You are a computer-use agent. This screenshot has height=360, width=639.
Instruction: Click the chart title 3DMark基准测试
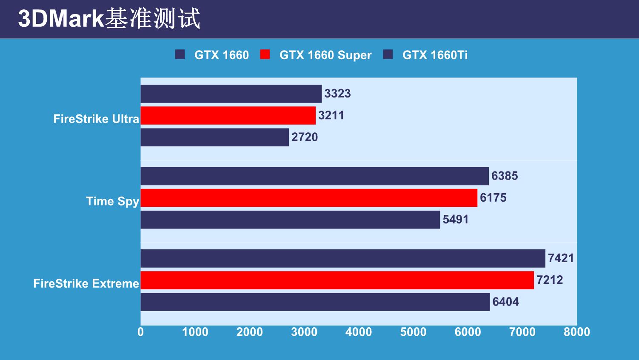pos(109,19)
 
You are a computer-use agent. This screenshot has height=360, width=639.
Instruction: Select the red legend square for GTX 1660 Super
pos(265,54)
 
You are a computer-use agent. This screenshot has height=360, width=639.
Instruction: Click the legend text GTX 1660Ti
pos(435,55)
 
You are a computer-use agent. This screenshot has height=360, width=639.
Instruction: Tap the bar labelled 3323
pos(231,94)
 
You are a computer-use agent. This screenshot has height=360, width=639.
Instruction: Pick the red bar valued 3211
pos(228,115)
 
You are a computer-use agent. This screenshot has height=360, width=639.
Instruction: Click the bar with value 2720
pos(215,137)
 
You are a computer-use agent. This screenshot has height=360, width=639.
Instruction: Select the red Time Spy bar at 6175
pos(309,198)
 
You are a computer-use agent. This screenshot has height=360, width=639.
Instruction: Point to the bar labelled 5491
pos(290,220)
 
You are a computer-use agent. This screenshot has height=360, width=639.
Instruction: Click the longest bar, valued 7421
pos(343,258)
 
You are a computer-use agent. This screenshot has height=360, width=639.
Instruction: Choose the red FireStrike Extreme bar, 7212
pos(337,280)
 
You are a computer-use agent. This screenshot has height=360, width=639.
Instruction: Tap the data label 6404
pos(505,302)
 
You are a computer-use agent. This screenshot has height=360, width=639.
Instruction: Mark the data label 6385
pos(505,176)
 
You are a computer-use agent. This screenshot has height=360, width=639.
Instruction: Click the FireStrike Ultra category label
pos(96,119)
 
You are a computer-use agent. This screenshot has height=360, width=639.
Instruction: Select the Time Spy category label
pos(113,201)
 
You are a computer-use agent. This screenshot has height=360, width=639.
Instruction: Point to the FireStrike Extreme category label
pos(86,283)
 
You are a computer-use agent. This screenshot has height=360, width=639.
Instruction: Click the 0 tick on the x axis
pos(141,332)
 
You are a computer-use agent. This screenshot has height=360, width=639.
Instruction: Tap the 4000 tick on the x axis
pos(359,332)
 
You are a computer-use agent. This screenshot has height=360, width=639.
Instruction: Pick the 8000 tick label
pos(576,332)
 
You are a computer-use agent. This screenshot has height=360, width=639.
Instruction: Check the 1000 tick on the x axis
pos(195,332)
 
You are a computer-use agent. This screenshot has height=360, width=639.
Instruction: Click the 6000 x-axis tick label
pos(468,332)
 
